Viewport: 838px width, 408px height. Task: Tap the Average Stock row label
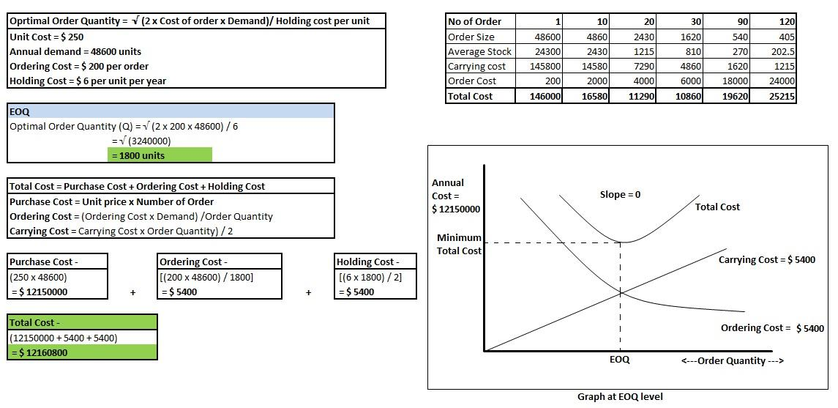[479, 52]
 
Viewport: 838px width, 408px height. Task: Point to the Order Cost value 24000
[782, 81]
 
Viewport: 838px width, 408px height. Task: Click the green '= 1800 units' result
[160, 155]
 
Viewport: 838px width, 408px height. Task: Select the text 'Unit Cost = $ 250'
[47, 37]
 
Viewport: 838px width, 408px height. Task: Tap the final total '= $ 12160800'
[39, 353]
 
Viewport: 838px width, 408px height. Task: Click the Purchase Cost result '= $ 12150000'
[39, 292]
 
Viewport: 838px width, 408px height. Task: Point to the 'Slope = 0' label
[620, 195]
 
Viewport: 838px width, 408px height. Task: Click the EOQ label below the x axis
[619, 360]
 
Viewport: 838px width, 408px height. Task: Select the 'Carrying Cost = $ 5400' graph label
[767, 260]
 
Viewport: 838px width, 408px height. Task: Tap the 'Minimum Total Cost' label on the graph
[459, 244]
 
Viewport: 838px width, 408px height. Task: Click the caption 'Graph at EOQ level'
[620, 397]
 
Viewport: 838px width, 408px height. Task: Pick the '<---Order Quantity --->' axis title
[732, 361]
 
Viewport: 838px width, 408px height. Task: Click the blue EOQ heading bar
[171, 111]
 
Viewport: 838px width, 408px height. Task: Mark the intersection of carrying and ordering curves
[620, 292]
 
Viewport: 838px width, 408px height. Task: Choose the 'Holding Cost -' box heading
[367, 262]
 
